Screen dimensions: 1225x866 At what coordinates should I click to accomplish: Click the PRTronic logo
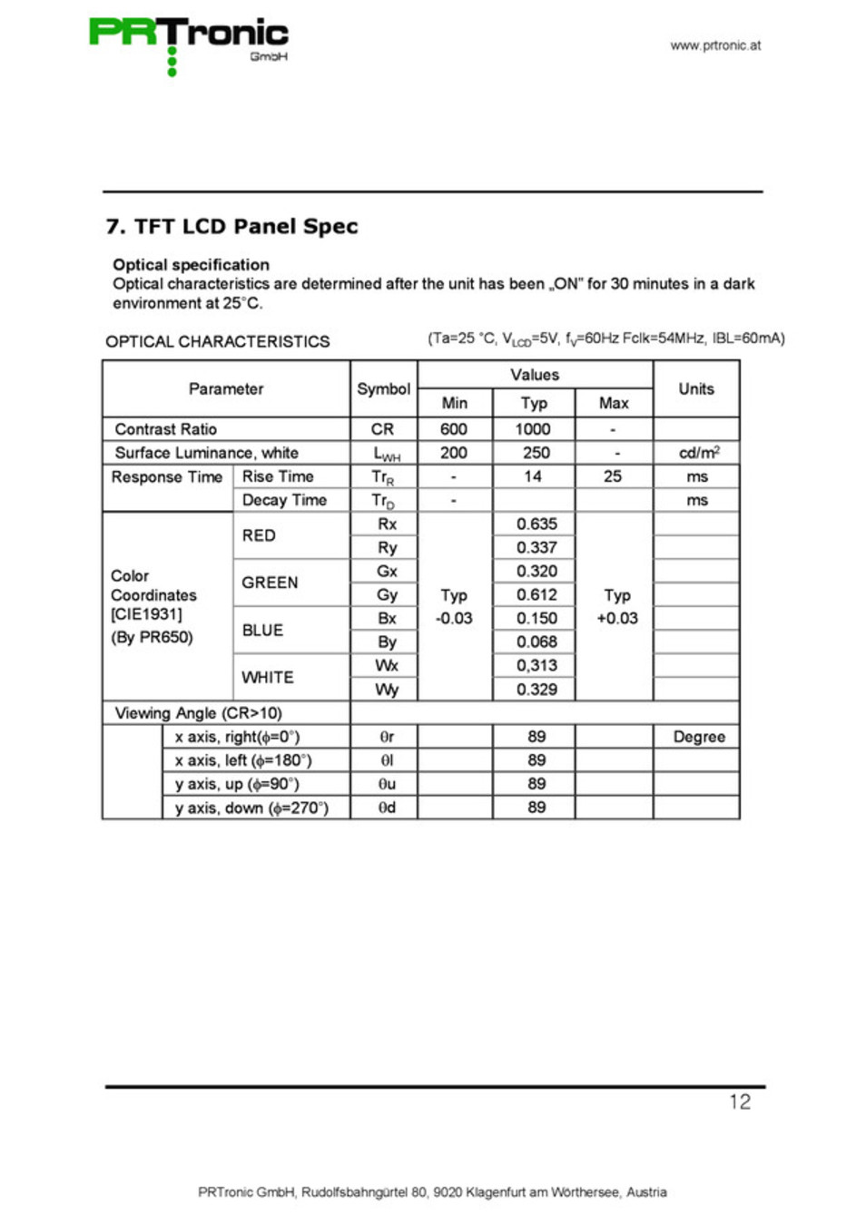click(189, 41)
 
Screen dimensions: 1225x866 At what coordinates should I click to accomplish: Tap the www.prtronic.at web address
click(715, 45)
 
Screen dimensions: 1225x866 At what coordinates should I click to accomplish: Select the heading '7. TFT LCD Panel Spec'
click(232, 227)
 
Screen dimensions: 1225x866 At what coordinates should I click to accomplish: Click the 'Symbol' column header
click(383, 389)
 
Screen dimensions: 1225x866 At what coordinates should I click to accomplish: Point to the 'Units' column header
click(696, 389)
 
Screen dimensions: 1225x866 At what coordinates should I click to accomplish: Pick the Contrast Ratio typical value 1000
click(533, 429)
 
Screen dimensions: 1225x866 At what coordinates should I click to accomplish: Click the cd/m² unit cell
click(698, 453)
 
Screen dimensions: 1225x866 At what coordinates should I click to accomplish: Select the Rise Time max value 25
click(613, 476)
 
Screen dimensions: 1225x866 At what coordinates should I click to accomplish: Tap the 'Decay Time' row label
click(284, 500)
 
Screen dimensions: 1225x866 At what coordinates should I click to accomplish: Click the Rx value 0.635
click(536, 524)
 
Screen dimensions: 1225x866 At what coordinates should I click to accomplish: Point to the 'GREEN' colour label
click(270, 583)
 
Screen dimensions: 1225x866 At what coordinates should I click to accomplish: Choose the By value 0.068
click(536, 642)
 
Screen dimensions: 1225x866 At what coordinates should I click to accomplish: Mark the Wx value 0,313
click(536, 665)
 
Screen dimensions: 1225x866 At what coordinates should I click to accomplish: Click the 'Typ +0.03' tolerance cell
click(617, 607)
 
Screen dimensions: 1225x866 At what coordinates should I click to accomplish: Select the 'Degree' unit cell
click(699, 737)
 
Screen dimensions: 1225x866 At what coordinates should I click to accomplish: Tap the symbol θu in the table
click(387, 784)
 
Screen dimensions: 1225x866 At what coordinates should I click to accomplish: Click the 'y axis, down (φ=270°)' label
click(251, 808)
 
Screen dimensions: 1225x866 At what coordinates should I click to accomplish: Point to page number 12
click(740, 1102)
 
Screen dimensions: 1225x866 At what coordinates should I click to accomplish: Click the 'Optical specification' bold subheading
click(191, 265)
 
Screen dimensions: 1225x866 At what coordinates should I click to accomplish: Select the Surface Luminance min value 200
click(454, 453)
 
